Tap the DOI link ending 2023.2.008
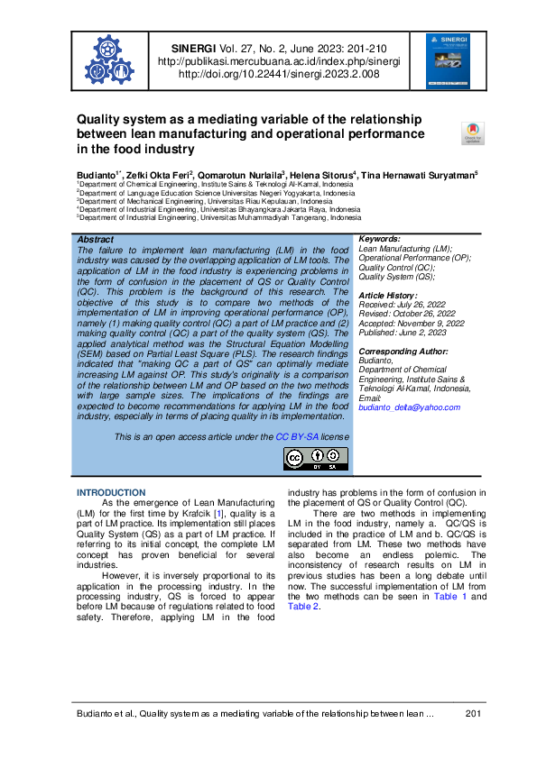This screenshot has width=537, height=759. click(x=278, y=75)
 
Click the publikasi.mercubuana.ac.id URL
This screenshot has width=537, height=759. click(x=278, y=61)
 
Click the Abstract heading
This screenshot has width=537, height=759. click(x=96, y=240)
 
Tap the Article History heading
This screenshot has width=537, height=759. click(x=389, y=296)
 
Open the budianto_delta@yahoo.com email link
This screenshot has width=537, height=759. click(x=409, y=407)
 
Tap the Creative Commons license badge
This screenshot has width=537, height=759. click(x=316, y=459)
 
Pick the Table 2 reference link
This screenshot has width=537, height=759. click(x=303, y=607)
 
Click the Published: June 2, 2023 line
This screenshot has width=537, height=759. click(x=402, y=331)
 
